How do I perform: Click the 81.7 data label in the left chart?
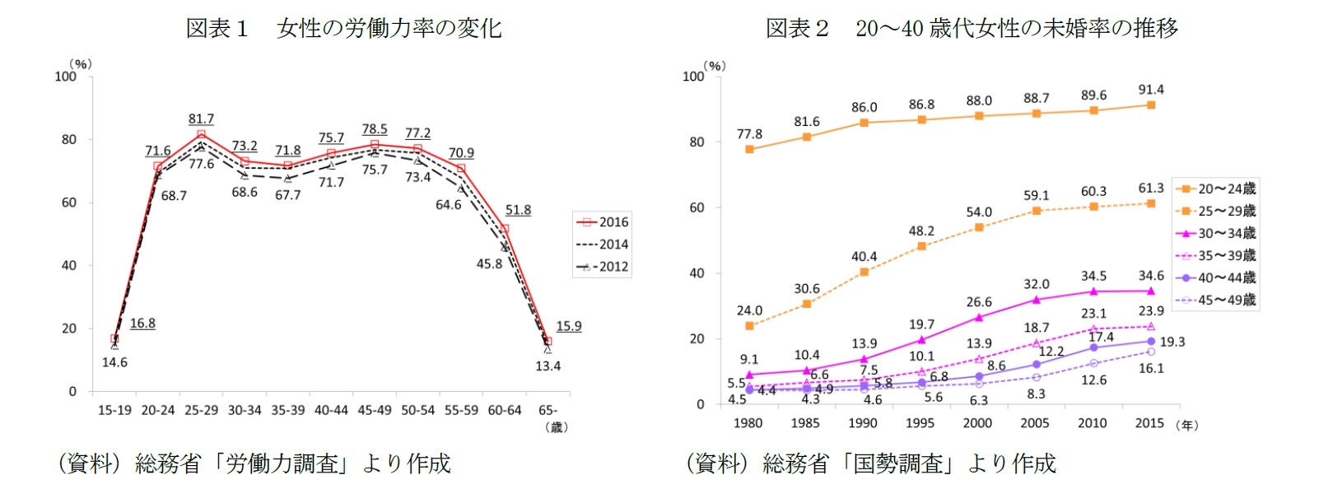pyautogui.click(x=201, y=119)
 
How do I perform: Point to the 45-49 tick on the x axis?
pyautogui.click(x=375, y=410)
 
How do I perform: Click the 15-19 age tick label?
pyautogui.click(x=114, y=410)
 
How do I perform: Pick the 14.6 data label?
pyautogui.click(x=114, y=362)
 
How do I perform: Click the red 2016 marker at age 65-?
pyautogui.click(x=548, y=342)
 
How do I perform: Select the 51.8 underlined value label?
pyautogui.click(x=518, y=210)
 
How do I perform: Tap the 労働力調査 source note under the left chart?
pyautogui.click(x=254, y=463)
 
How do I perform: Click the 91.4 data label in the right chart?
pyautogui.click(x=1150, y=90)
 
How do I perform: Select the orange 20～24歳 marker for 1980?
pyautogui.click(x=749, y=149)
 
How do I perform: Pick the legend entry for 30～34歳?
pyautogui.click(x=1216, y=233)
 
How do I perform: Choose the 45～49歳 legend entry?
pyautogui.click(x=1216, y=300)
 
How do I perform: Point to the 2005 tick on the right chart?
pyautogui.click(x=1035, y=423)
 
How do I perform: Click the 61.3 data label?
pyautogui.click(x=1150, y=189)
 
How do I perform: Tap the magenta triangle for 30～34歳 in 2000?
pyautogui.click(x=979, y=317)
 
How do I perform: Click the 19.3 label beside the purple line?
pyautogui.click(x=1172, y=342)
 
